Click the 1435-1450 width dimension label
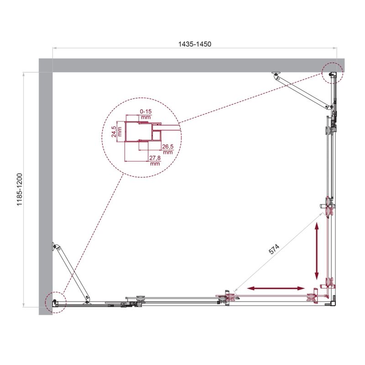click(195, 44)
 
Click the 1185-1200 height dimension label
click(20, 189)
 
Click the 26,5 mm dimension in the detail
click(167, 149)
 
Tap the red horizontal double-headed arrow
click(276, 288)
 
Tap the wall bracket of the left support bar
click(55, 246)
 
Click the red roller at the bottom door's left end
click(226, 297)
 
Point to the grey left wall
click(46, 192)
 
